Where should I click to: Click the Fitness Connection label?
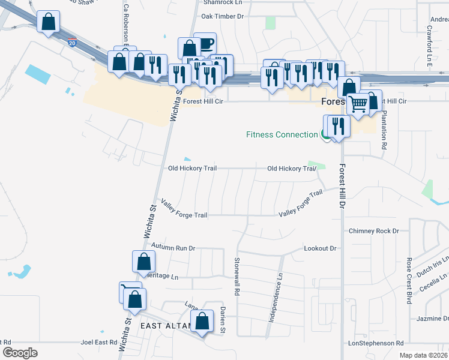pyautogui.click(x=282, y=134)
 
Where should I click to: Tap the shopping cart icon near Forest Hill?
pyautogui.click(x=358, y=103)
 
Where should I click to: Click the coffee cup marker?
pyautogui.click(x=205, y=43)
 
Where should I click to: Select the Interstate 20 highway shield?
pyautogui.click(x=72, y=44)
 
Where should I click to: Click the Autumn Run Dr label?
pyautogui.click(x=173, y=247)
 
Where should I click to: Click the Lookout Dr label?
pyautogui.click(x=320, y=248)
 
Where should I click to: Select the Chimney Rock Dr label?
pyautogui.click(x=373, y=231)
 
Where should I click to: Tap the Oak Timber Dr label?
pyautogui.click(x=223, y=16)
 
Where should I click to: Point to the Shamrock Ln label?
pyautogui.click(x=216, y=2)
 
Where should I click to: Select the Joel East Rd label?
pyautogui.click(x=98, y=342)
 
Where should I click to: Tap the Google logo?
pyautogui.click(x=20, y=352)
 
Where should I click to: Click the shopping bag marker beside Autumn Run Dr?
pyautogui.click(x=143, y=261)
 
